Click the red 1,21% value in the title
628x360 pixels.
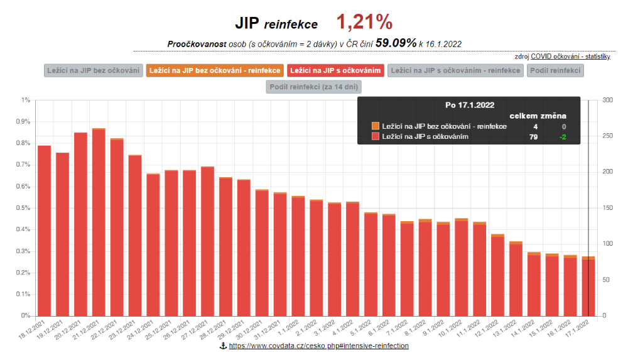point(364,23)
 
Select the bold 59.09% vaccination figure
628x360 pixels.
point(396,43)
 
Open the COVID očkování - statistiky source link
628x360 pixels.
point(570,57)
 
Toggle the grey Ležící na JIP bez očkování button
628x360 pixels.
point(94,70)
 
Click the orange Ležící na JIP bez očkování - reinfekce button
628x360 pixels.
point(214,70)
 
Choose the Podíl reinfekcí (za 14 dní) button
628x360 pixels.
point(314,87)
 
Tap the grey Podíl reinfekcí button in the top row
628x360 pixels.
point(556,70)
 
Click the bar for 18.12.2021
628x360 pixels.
point(44,229)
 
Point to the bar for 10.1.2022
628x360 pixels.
point(462,266)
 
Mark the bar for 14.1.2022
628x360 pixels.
point(534,283)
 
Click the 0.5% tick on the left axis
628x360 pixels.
point(25,208)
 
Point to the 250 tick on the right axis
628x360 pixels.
point(607,136)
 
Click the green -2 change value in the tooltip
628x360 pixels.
point(563,136)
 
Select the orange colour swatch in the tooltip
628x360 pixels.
point(376,126)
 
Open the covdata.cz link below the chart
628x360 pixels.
point(318,346)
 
